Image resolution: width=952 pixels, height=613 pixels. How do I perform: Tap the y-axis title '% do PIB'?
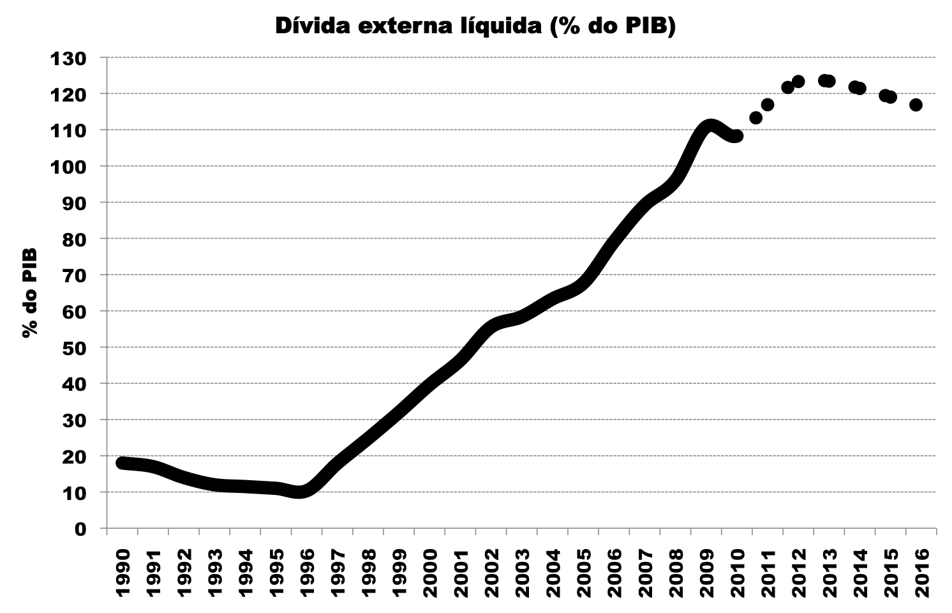click(29, 293)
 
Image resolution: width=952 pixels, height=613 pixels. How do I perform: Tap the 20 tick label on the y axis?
click(75, 457)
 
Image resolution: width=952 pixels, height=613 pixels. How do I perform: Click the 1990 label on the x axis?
click(123, 572)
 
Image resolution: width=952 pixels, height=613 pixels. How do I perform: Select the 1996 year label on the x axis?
click(308, 572)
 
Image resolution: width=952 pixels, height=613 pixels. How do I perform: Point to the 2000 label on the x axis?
click(430, 572)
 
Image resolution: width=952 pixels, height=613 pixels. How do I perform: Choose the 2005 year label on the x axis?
click(584, 572)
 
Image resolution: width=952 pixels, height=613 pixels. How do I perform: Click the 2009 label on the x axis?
click(706, 572)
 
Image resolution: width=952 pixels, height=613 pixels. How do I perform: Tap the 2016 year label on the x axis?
click(921, 572)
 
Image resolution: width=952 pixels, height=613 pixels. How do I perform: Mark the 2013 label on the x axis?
click(829, 572)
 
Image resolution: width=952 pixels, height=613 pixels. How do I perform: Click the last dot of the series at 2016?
click(916, 105)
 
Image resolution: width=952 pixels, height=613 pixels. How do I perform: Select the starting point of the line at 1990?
click(123, 463)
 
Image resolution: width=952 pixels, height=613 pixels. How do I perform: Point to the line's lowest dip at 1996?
click(301, 492)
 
